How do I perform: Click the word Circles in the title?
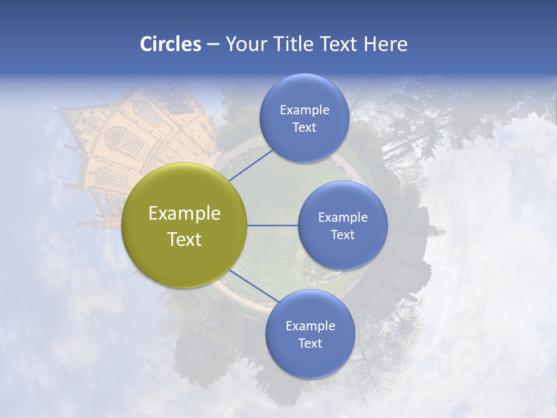pos(170,44)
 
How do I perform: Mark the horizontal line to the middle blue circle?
pos(273,225)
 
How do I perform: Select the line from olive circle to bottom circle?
pos(252,286)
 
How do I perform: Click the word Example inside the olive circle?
pos(185,214)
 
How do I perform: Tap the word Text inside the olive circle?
pos(185,239)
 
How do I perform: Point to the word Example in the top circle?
pos(304,110)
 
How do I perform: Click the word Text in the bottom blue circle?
pos(310,343)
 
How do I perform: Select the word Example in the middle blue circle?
pos(342,218)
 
